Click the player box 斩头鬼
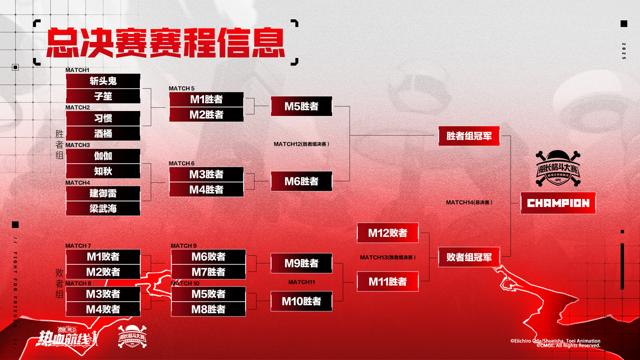(x=103, y=81)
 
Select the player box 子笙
(x=103, y=96)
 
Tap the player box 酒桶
(x=103, y=133)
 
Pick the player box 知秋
(x=103, y=171)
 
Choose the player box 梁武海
(x=103, y=208)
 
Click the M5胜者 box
(x=301, y=106)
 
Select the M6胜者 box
(x=301, y=181)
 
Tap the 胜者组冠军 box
(x=469, y=135)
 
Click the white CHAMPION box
(x=558, y=203)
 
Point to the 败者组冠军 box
(x=469, y=257)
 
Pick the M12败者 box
(x=387, y=233)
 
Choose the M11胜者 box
(x=387, y=281)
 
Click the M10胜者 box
(x=301, y=301)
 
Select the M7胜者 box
(x=208, y=272)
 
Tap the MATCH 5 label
(x=181, y=88)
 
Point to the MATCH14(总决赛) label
(x=469, y=202)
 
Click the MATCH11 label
(x=301, y=282)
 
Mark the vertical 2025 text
(x=623, y=51)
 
